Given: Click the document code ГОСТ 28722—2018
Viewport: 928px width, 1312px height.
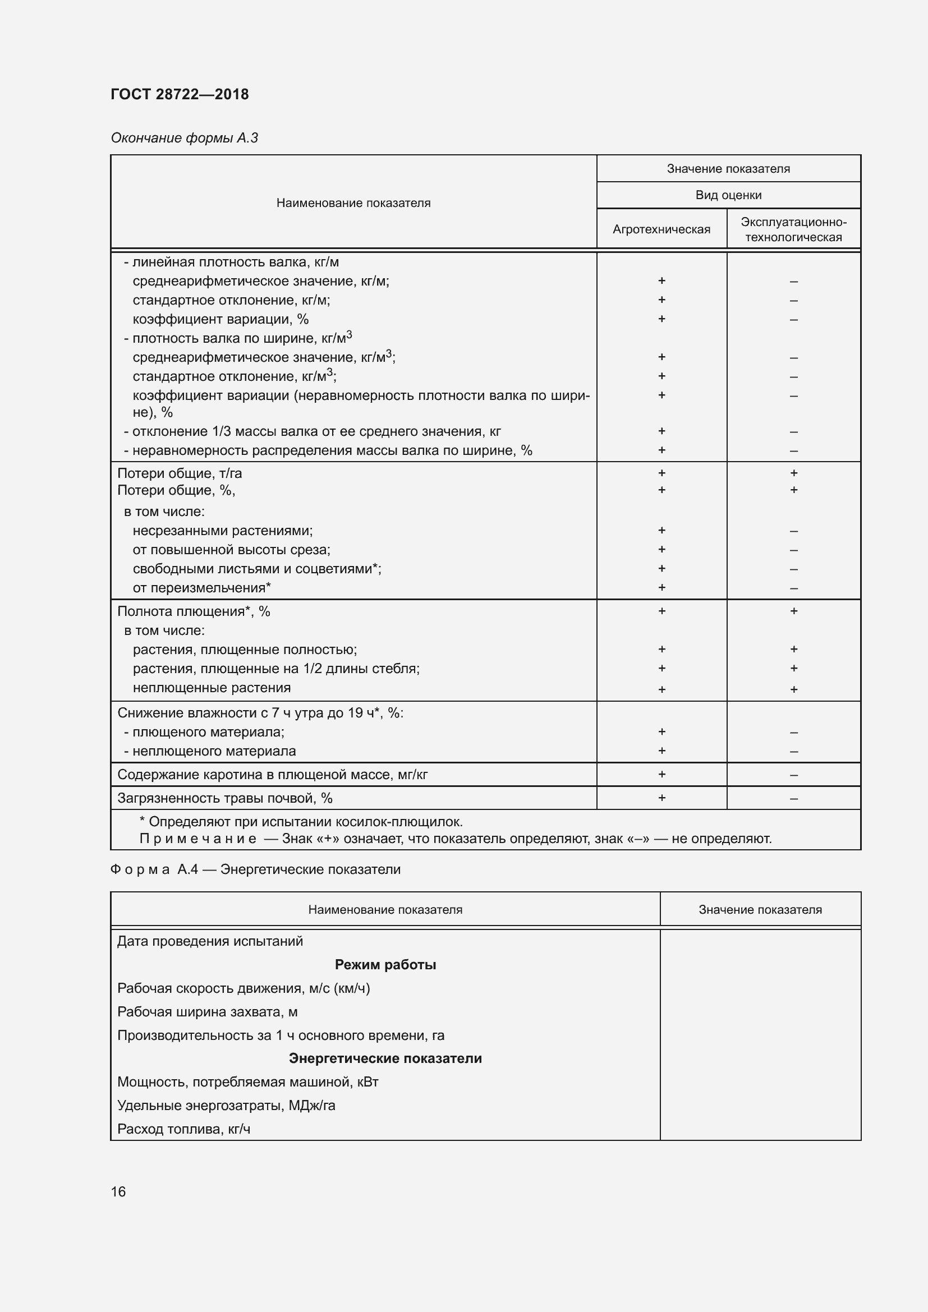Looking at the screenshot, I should [x=180, y=94].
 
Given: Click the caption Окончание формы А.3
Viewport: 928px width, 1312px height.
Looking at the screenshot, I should [x=184, y=138].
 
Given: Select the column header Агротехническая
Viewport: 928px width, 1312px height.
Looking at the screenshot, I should [x=661, y=229].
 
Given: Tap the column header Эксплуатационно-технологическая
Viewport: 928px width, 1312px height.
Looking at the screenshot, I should [x=793, y=229].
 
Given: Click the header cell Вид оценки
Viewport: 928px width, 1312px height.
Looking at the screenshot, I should [x=728, y=195].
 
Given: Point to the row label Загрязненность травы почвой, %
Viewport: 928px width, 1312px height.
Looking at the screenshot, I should [x=224, y=798].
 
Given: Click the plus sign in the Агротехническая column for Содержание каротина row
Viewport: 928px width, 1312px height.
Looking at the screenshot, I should [x=661, y=774].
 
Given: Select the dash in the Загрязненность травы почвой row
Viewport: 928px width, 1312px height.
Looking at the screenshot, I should [x=793, y=798].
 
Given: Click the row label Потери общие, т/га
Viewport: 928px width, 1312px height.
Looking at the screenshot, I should [x=180, y=473].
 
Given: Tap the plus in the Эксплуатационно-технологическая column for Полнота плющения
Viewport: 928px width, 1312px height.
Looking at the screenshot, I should [x=793, y=611].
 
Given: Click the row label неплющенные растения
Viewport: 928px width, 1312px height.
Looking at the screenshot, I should [x=212, y=688].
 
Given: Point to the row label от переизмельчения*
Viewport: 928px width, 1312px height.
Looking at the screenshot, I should [x=201, y=587].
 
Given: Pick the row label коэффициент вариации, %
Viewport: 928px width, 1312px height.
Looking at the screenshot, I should [x=220, y=319].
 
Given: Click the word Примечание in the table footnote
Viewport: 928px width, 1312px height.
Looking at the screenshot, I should [x=197, y=838].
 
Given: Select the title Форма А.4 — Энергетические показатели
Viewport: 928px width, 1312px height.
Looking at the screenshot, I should [x=255, y=869].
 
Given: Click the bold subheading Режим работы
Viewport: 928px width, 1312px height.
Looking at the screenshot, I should [x=385, y=965].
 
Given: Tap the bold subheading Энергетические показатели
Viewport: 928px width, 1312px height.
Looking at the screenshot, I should [x=385, y=1058].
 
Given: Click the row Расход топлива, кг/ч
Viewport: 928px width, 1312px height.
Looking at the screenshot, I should [x=183, y=1129].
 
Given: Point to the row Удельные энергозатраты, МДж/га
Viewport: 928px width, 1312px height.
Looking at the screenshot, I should [x=226, y=1105].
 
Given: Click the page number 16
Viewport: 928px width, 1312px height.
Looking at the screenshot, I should [x=118, y=1191].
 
